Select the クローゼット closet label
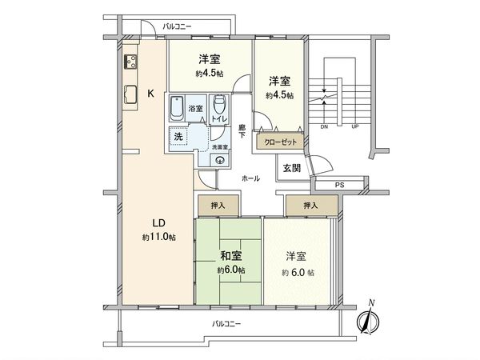(278, 142)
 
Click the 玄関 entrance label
(291, 167)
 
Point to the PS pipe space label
(340, 186)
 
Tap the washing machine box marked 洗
(178, 136)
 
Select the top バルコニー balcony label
(178, 27)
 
